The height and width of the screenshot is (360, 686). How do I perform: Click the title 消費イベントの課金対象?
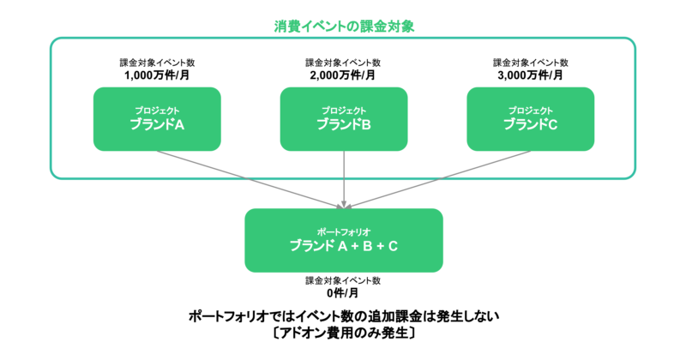(343, 26)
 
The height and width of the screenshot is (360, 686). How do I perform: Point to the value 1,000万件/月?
(157, 75)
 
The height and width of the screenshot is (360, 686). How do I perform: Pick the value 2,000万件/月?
(343, 75)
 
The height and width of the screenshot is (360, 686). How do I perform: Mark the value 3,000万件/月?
(530, 75)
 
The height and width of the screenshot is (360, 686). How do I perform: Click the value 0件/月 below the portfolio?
(343, 292)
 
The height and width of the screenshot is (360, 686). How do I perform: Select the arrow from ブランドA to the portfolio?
(249, 177)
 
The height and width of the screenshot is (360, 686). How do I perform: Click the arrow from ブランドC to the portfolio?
(437, 177)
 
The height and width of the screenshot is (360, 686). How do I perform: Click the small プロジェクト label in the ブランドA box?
(157, 111)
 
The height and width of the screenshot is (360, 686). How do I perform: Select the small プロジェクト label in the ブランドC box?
(530, 111)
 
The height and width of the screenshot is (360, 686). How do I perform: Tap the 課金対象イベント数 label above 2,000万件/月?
(343, 63)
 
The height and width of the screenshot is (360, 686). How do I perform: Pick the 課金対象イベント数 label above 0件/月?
(343, 280)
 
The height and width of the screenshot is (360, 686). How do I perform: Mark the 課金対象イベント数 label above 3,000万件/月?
(530, 63)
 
